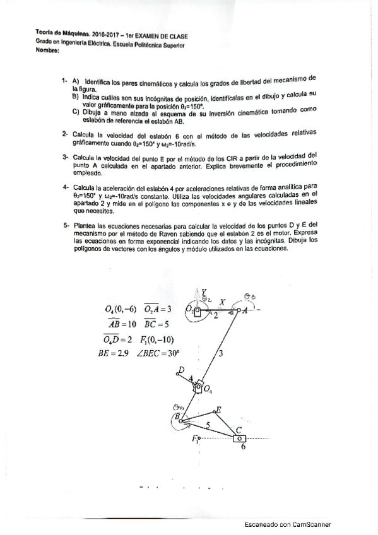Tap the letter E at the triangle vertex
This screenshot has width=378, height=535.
[x=219, y=409]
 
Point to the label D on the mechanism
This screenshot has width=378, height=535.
[x=181, y=370]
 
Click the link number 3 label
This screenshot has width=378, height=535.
[x=220, y=354]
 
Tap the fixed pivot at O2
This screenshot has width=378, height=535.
[x=197, y=310]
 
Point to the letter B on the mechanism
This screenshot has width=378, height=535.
[x=178, y=417]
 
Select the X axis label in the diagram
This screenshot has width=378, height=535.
[x=222, y=302]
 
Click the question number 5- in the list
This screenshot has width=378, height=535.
[x=65, y=225]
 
